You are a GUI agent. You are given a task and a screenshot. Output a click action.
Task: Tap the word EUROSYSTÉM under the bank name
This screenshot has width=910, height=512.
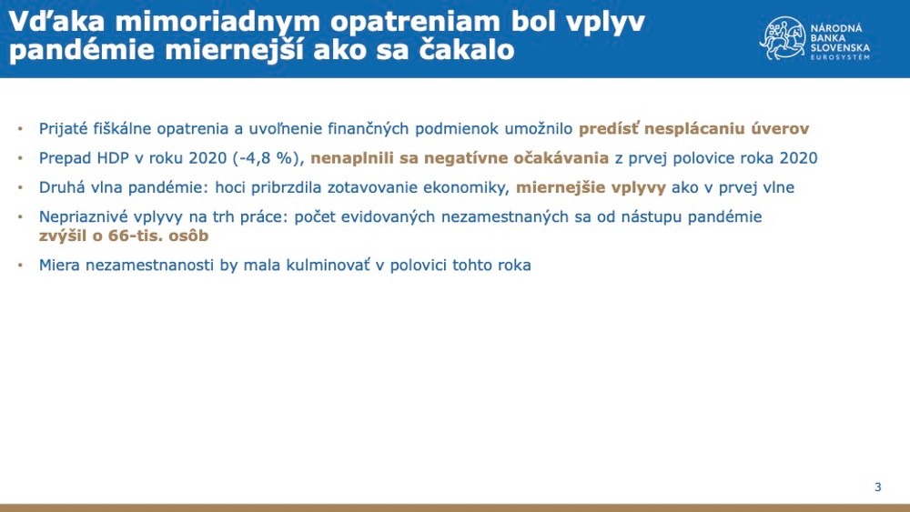[840, 57]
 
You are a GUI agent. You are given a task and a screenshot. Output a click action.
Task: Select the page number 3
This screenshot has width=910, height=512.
[877, 487]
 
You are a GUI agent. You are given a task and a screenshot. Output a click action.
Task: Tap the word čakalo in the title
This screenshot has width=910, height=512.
[463, 50]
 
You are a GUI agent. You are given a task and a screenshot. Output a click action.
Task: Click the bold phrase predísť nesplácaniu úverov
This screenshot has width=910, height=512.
[693, 128]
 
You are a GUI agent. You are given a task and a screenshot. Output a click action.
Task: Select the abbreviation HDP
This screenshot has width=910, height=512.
[106, 158]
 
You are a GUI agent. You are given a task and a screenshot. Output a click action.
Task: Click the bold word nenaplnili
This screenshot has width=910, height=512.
[350, 158]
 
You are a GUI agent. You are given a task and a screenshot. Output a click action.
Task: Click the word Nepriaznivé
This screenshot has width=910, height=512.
[83, 218]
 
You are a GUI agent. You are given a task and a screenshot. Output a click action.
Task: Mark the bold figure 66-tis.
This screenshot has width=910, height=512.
[134, 236]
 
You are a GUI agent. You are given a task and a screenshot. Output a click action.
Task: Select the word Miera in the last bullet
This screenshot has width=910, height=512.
[60, 266]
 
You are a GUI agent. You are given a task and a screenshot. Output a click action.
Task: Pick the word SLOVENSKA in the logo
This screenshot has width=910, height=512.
[840, 46]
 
